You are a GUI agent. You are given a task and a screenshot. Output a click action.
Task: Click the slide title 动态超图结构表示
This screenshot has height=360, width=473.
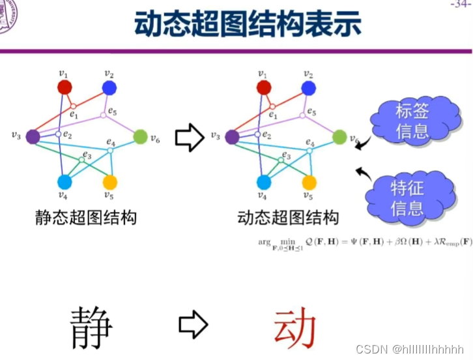pos(247,24)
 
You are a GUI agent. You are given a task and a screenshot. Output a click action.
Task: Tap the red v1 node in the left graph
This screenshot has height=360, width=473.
pos(64,87)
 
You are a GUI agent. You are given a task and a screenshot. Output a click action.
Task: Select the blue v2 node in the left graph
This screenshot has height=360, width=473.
pos(109,87)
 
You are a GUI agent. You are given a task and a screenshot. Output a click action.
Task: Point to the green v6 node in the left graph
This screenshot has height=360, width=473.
pos(140,137)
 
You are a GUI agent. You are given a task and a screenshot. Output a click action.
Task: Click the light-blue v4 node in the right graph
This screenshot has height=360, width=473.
pos(264,182)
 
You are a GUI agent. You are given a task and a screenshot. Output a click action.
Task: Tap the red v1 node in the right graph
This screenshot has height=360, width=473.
pos(264,87)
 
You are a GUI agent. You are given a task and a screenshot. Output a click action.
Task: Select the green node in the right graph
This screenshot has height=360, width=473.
pos(339,137)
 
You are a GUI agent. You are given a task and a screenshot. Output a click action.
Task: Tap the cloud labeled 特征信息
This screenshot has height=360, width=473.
pos(407,198)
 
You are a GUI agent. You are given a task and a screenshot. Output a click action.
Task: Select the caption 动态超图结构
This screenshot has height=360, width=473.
pos(287,217)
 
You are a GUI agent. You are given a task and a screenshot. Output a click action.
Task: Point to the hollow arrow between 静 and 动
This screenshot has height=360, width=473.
pos(193,322)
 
